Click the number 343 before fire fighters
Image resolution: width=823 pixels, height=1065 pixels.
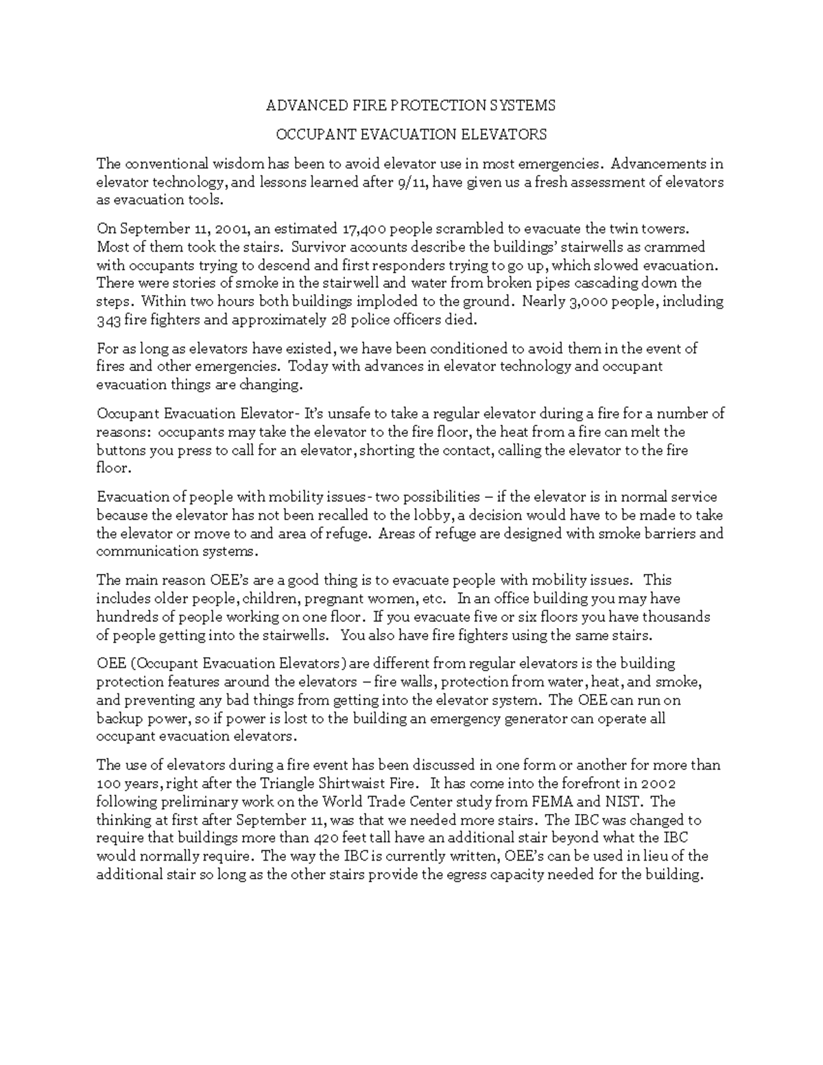coord(108,320)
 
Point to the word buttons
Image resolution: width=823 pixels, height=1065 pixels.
coord(118,451)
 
